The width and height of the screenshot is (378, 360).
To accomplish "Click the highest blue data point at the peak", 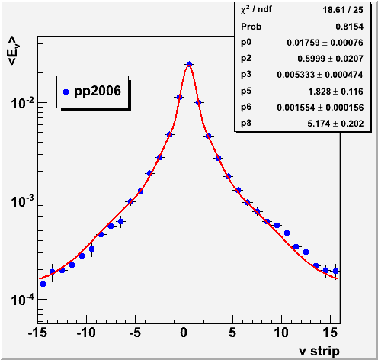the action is pyautogui.click(x=189, y=64).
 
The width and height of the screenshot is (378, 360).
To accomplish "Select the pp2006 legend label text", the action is pyautogui.click(x=98, y=92).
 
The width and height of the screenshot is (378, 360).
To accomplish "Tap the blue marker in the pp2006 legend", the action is pyautogui.click(x=66, y=92).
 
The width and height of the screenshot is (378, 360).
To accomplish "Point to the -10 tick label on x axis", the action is pyautogui.click(x=86, y=333).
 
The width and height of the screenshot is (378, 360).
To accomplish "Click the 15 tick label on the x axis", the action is pyautogui.click(x=331, y=333).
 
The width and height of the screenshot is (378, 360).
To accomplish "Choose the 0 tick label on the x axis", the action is pyautogui.click(x=184, y=333).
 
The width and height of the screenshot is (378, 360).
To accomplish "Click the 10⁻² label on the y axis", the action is pyautogui.click(x=22, y=103).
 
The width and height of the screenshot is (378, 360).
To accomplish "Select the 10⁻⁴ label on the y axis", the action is pyautogui.click(x=22, y=300).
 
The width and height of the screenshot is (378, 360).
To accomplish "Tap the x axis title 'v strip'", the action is pyautogui.click(x=319, y=351).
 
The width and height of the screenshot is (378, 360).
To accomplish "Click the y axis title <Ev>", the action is pyautogui.click(x=14, y=50).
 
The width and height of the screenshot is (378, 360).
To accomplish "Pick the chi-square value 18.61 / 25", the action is pyautogui.click(x=343, y=10).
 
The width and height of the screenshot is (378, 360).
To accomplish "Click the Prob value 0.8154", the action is pyautogui.click(x=350, y=27).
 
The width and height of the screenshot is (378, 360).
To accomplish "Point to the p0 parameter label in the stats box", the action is pyautogui.click(x=246, y=43).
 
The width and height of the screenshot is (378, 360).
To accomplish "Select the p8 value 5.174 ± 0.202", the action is pyautogui.click(x=335, y=124).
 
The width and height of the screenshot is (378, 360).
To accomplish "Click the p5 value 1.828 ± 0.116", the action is pyautogui.click(x=336, y=92).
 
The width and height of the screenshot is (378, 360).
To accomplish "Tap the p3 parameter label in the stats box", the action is pyautogui.click(x=246, y=75).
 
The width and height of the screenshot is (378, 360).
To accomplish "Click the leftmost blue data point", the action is pyautogui.click(x=43, y=284).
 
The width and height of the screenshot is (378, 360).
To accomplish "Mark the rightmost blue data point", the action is pyautogui.click(x=335, y=271).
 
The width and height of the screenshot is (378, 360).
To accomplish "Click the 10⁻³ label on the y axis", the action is pyautogui.click(x=22, y=201).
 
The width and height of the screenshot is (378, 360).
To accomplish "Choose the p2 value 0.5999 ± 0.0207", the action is pyautogui.click(x=331, y=59).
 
